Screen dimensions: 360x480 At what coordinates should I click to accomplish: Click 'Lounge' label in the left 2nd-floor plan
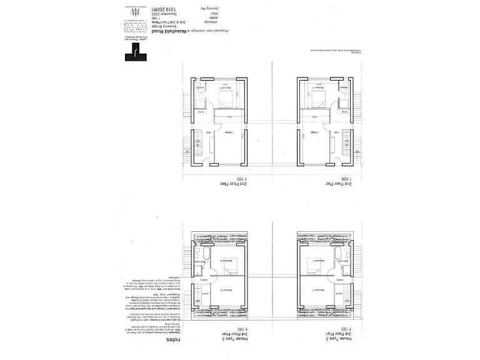229,133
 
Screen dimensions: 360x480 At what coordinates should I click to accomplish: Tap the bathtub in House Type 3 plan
202,254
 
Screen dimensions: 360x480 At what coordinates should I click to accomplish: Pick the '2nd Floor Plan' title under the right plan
337,184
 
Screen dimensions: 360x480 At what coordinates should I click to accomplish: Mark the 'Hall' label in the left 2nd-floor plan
208,133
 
